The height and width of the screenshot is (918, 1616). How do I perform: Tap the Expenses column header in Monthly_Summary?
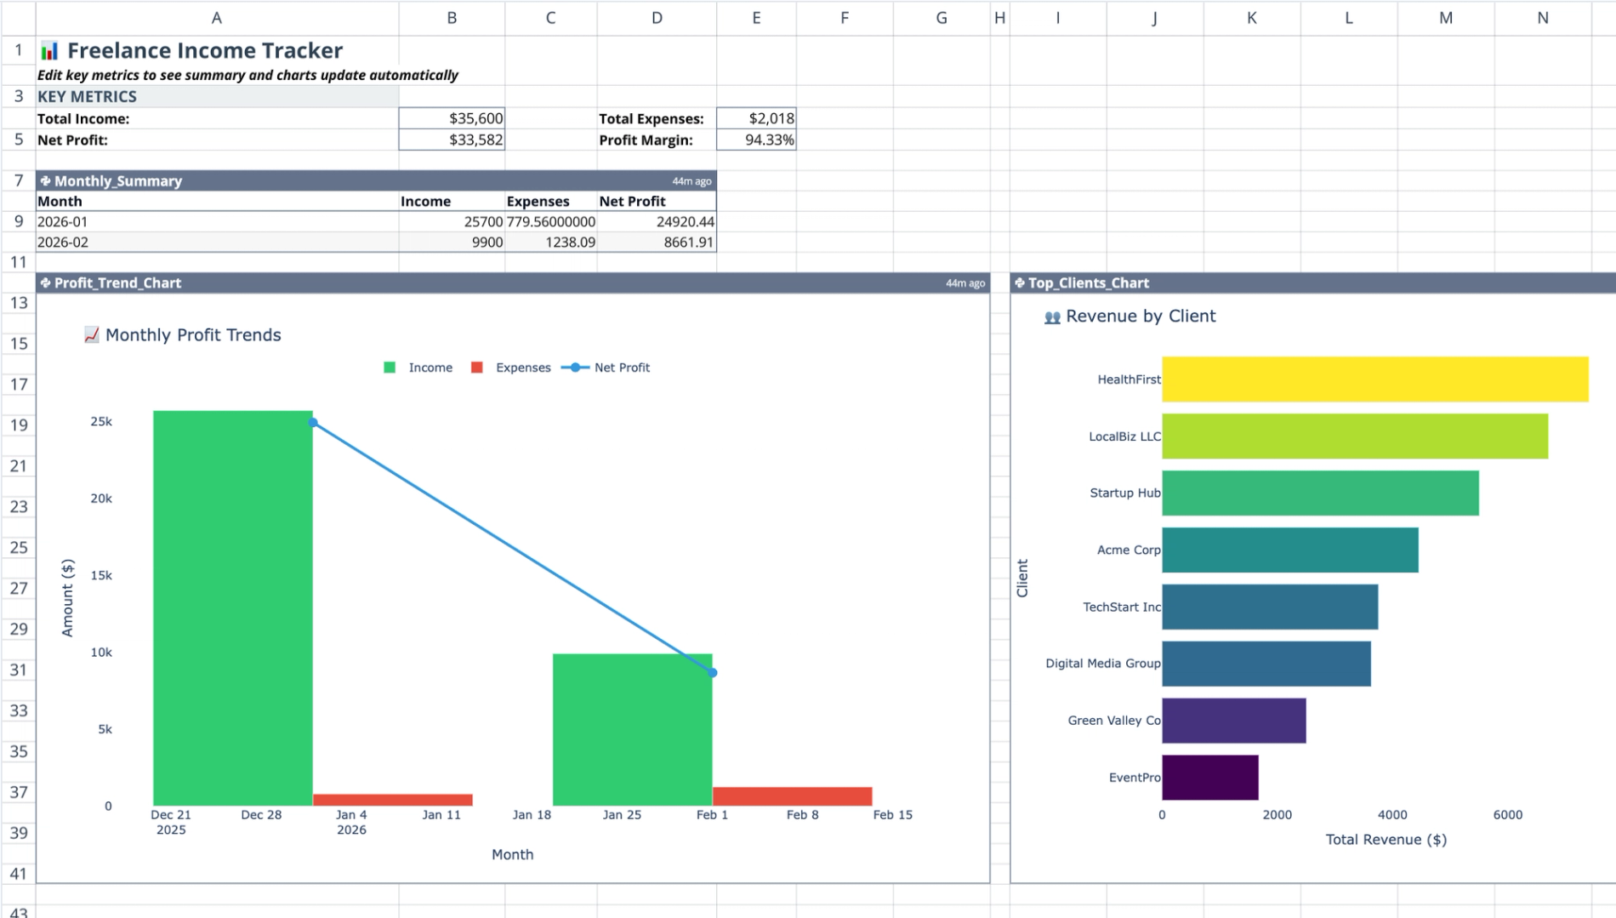[538, 201]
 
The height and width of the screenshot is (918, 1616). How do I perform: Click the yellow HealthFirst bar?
[1374, 379]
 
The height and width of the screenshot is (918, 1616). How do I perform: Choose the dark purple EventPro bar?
[1209, 777]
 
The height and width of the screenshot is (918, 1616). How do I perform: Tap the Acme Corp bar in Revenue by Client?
[1289, 550]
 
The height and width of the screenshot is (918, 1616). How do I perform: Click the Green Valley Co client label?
[1113, 720]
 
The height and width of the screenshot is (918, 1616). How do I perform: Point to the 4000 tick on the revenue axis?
[1392, 814]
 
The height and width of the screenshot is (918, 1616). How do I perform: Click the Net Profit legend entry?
[621, 368]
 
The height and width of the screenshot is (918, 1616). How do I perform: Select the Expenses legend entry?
[522, 368]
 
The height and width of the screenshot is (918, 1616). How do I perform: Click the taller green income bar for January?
[232, 607]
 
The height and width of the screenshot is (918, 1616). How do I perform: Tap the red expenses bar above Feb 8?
[792, 796]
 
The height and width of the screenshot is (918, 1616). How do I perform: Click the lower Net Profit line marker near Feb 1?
[713, 673]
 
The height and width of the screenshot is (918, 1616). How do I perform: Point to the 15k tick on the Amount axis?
[101, 575]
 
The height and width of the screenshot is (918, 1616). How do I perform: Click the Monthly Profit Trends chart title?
[192, 334]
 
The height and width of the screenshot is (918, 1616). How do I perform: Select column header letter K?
[1251, 18]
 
